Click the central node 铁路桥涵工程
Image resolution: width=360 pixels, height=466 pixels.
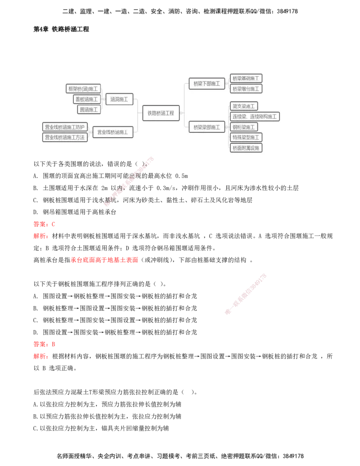click(161, 113)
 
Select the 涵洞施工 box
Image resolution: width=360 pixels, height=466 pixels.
click(119, 100)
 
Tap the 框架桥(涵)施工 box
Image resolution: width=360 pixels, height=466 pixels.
click(83, 89)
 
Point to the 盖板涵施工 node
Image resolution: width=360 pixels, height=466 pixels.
click(86, 99)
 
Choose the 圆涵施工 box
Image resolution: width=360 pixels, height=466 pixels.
click(89, 109)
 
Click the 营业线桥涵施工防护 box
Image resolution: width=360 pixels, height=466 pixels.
click(64, 127)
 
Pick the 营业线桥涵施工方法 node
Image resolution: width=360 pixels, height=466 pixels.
click(64, 137)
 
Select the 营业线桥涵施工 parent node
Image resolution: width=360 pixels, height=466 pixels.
click(112, 132)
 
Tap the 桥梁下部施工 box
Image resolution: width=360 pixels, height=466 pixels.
click(207, 83)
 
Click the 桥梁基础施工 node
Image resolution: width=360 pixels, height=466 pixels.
click(246, 78)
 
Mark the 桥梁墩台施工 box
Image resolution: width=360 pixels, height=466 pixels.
click(246, 89)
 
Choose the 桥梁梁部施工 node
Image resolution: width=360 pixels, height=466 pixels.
click(207, 127)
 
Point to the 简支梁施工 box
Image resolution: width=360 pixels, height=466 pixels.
click(243, 106)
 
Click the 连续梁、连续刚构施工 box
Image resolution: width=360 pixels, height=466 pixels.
click(255, 117)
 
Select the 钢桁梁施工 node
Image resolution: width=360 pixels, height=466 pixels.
click(243, 127)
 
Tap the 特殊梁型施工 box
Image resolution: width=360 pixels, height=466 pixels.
click(246, 137)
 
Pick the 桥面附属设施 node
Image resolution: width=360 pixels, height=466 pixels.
click(246, 148)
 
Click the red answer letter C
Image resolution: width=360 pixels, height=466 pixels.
click(53, 224)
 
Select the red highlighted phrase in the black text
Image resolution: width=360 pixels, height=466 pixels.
click(104, 259)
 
